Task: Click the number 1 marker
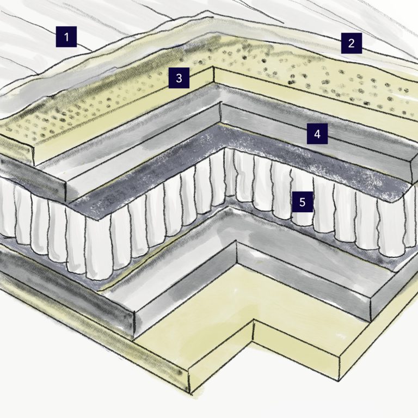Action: point(66,38)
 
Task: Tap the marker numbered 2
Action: point(352,43)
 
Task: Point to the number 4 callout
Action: point(317,133)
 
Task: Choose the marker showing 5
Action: point(303,202)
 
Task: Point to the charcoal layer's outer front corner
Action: point(98,218)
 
